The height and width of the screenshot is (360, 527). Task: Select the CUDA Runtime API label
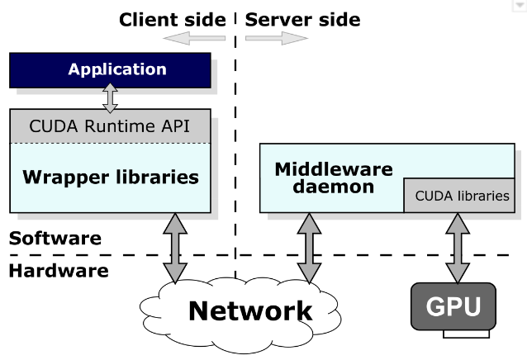(x=110, y=126)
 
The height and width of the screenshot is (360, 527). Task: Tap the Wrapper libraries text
(x=110, y=177)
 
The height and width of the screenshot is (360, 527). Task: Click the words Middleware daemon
(x=333, y=178)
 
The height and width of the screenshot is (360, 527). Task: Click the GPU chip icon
(x=453, y=307)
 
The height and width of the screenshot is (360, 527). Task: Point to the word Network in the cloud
(x=250, y=310)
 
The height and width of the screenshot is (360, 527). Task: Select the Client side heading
(x=172, y=19)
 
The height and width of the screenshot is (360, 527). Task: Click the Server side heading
(x=302, y=19)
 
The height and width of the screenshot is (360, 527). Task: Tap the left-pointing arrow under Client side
(x=194, y=38)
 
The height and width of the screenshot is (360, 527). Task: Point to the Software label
(x=55, y=239)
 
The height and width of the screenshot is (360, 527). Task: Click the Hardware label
(x=59, y=270)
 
